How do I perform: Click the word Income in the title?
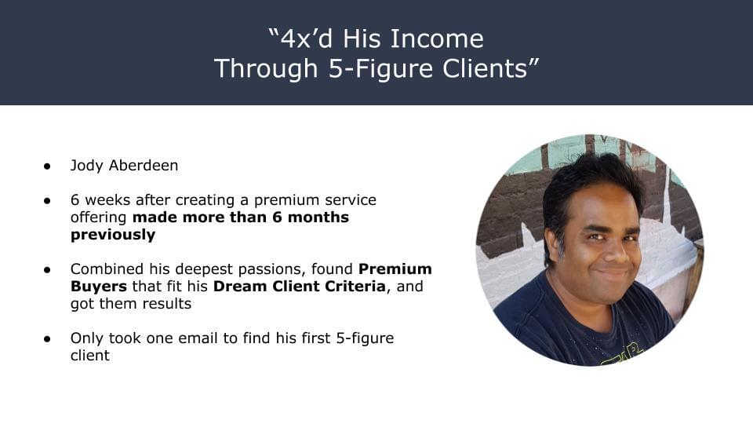pos(437,38)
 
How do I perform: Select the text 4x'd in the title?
pos(307,38)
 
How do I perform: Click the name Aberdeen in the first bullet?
pos(144,166)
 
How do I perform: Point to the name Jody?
pos(86,166)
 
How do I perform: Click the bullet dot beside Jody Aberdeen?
pos(47,166)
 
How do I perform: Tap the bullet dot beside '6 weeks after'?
pos(47,201)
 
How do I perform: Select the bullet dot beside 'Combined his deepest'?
pos(47,270)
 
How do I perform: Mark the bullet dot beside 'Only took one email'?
pos(47,339)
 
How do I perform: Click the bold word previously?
pos(113,235)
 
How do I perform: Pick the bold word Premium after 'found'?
pos(395,269)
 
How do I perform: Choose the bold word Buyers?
pos(99,287)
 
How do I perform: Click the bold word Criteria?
pos(355,286)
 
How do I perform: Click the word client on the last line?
pos(89,355)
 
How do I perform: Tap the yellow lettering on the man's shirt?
pos(622,355)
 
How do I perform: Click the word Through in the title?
pos(266,68)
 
